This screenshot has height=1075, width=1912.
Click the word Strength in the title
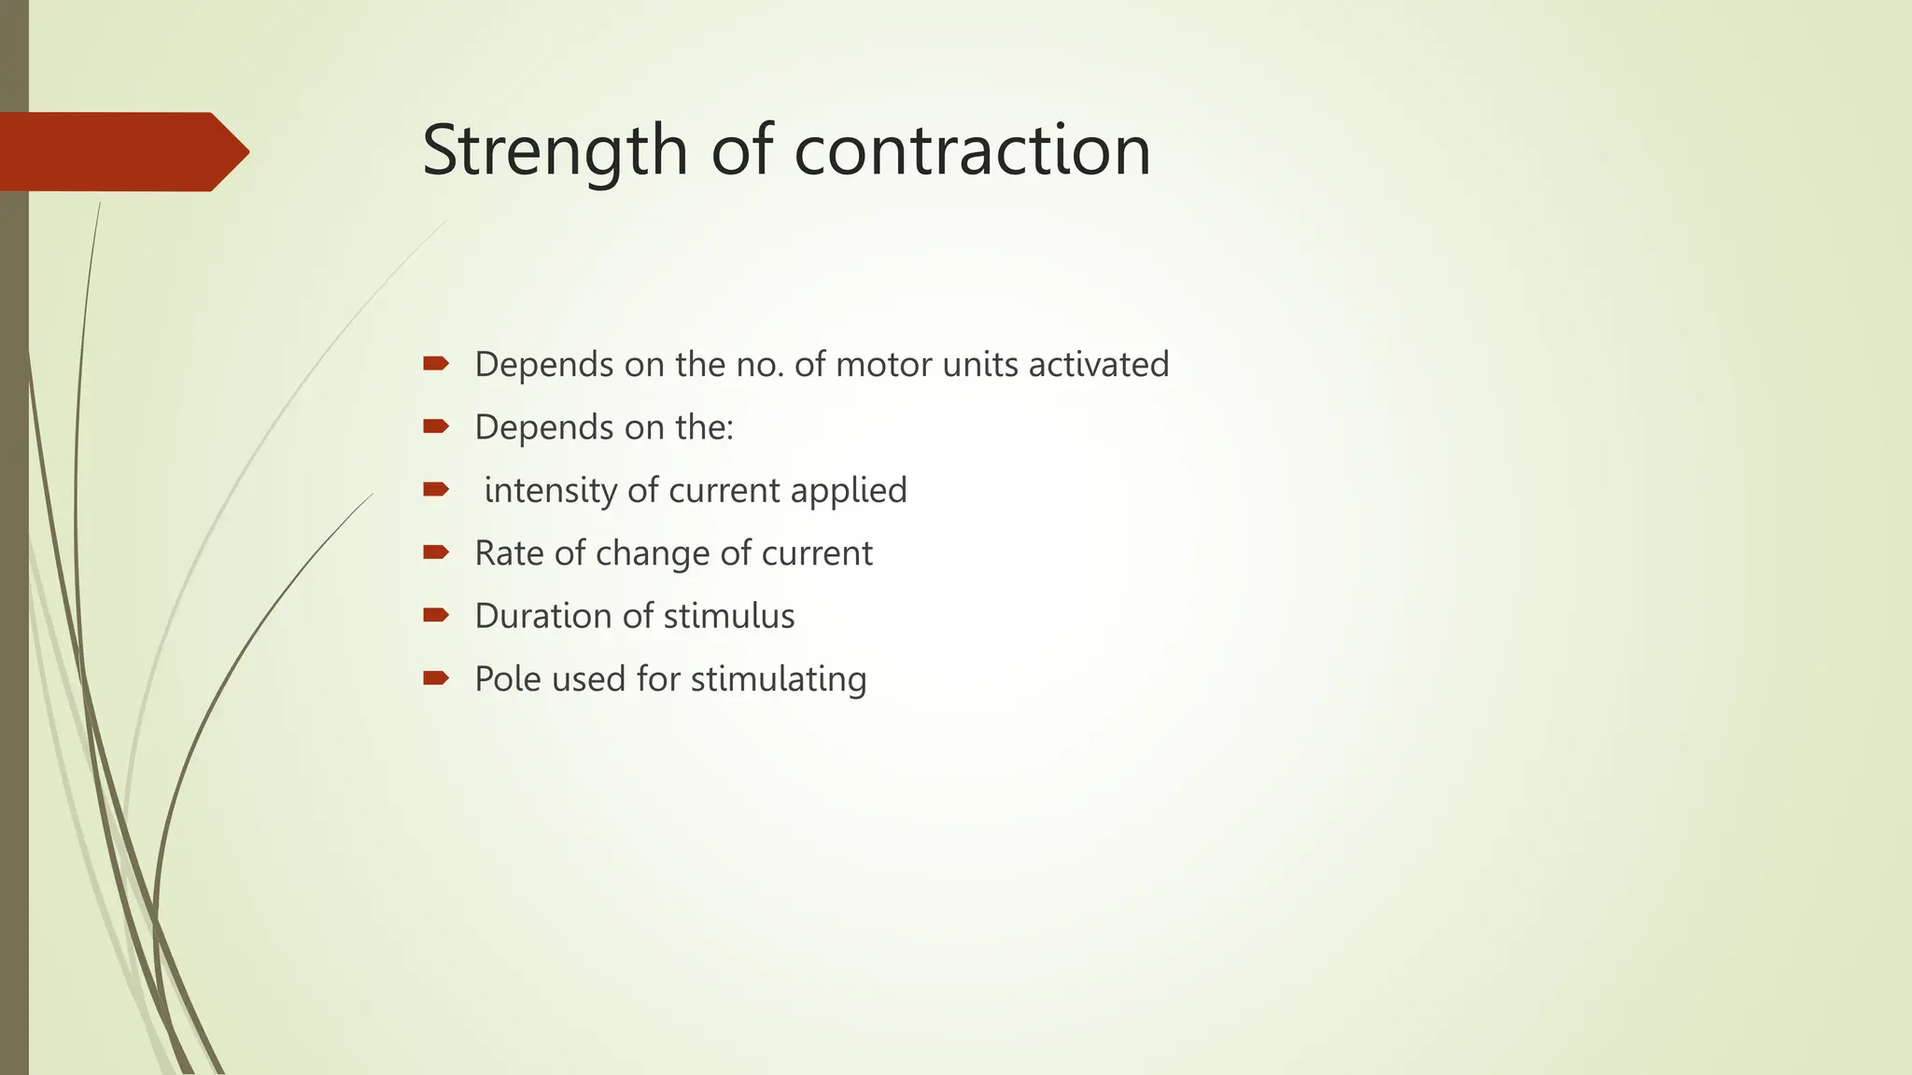[555, 150]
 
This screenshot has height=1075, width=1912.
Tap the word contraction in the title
[972, 150]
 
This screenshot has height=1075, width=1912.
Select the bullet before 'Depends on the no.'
[435, 363]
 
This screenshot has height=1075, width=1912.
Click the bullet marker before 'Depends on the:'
[435, 426]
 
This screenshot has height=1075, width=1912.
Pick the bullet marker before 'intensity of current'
[435, 489]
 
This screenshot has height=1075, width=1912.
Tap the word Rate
[509, 552]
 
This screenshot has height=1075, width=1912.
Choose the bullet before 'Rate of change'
[435, 552]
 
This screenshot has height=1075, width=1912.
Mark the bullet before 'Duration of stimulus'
[435, 615]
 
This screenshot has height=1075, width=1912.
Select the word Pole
[508, 678]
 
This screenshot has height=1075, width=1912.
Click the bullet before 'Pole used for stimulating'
[435, 677]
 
